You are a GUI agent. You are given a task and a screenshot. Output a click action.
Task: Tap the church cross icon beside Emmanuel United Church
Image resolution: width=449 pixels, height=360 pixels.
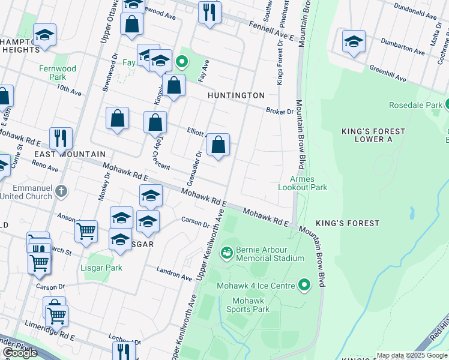click(x=60, y=191)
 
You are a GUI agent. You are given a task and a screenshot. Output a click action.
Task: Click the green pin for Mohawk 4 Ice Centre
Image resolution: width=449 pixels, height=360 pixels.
click(x=305, y=284)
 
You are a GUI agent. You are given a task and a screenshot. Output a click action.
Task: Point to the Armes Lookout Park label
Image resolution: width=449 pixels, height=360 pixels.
click(x=303, y=183)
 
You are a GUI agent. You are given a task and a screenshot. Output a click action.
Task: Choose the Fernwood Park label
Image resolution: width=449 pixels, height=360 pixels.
click(x=58, y=73)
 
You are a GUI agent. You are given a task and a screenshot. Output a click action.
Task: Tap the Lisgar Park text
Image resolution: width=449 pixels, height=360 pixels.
click(x=101, y=268)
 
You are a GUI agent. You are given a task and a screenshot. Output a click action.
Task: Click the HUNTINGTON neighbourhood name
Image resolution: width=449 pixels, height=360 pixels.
click(x=236, y=95)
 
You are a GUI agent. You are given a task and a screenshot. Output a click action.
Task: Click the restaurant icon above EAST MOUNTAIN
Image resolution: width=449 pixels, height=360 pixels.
click(x=61, y=138)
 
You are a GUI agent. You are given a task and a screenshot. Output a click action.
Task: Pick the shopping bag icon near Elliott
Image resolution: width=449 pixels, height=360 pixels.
click(x=218, y=145)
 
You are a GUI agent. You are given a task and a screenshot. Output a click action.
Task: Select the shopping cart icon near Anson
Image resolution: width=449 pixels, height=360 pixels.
click(x=86, y=230)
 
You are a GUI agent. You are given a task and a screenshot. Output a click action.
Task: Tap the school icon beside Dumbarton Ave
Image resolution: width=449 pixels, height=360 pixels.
click(x=354, y=42)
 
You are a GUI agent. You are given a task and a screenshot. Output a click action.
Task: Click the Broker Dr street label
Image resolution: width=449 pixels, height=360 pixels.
click(x=280, y=111)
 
